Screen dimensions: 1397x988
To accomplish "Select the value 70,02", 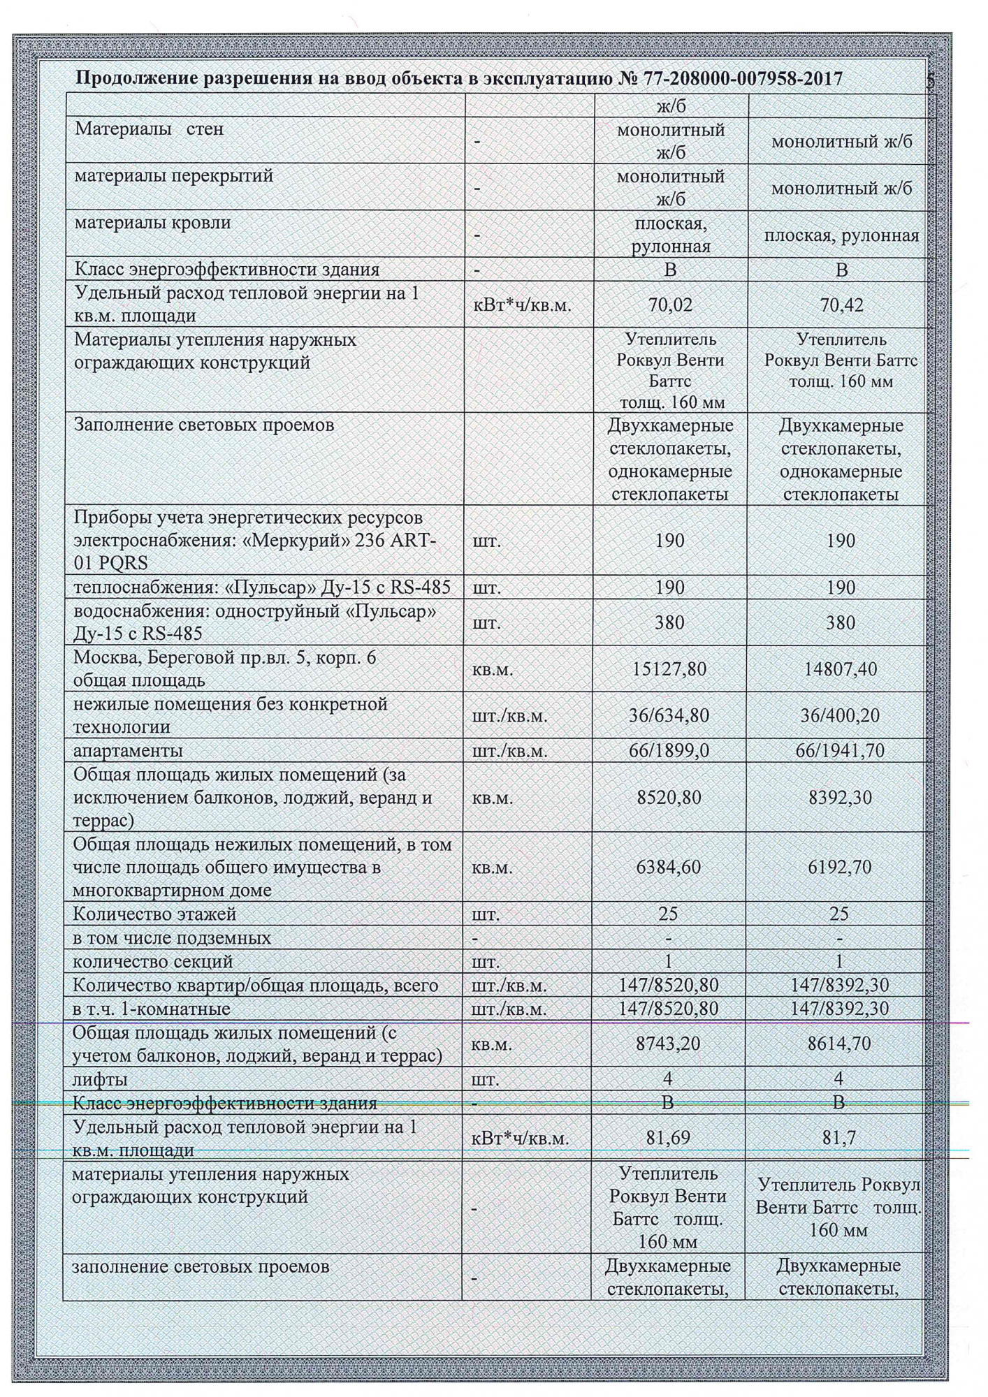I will tap(669, 305).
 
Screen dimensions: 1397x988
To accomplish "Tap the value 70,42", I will tap(841, 305).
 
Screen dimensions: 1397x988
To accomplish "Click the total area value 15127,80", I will tap(669, 669).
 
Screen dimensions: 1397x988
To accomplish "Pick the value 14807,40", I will tap(841, 669).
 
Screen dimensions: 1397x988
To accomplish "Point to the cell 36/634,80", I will tap(669, 715).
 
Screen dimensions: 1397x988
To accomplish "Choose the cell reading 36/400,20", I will tap(841, 715).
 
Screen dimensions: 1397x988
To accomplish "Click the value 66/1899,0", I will tap(669, 751).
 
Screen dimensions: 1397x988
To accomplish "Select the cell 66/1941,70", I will tap(841, 751).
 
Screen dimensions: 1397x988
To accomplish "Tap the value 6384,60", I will tap(669, 867).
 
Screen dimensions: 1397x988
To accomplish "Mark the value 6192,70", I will tap(841, 867).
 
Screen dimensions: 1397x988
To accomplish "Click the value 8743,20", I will tap(669, 1044).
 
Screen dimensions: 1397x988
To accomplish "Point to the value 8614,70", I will tap(841, 1044).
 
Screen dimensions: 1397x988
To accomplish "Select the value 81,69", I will tap(669, 1137).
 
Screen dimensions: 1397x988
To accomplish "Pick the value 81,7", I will tap(841, 1137).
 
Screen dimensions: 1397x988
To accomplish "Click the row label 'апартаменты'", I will tap(129, 751).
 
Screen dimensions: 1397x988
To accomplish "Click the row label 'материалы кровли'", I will tap(152, 223).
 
